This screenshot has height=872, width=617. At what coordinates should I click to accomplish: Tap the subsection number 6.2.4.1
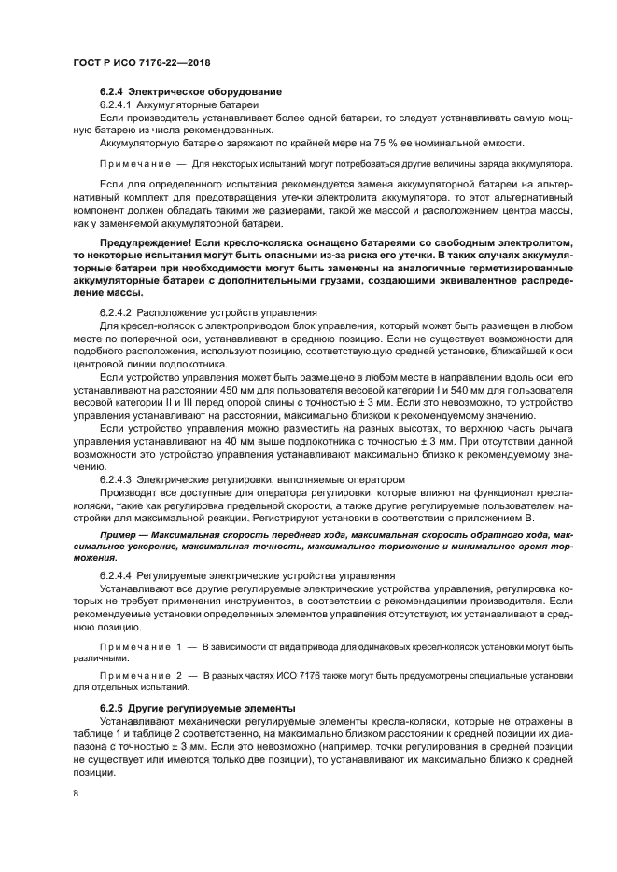[x=117, y=106]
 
